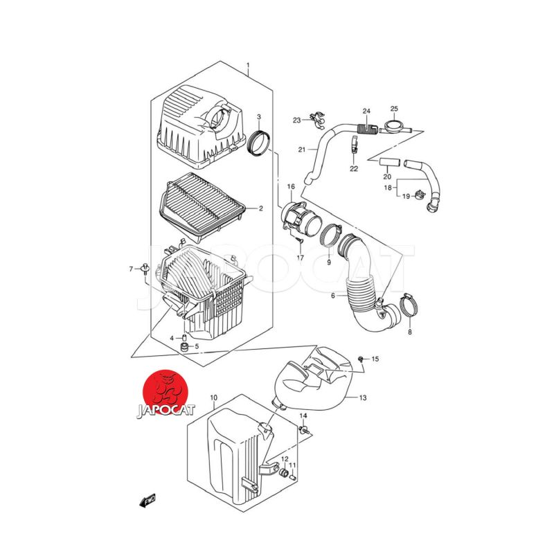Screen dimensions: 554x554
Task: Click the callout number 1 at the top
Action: pyautogui.click(x=248, y=65)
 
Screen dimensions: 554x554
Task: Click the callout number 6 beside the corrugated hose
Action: pyautogui.click(x=333, y=296)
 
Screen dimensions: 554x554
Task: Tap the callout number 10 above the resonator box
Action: pyautogui.click(x=214, y=397)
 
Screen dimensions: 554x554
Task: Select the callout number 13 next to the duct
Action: pyautogui.click(x=363, y=397)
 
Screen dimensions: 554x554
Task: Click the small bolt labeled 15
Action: pyautogui.click(x=361, y=359)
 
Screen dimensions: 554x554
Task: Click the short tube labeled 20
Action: pyautogui.click(x=390, y=163)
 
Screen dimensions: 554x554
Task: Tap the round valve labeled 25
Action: pyautogui.click(x=394, y=127)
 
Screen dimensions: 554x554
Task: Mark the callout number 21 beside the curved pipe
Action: pyautogui.click(x=302, y=150)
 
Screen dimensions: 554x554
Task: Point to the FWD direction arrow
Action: pyautogui.click(x=148, y=501)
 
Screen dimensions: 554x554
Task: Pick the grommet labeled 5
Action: pyautogui.click(x=184, y=347)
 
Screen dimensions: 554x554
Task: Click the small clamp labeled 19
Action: pyautogui.click(x=420, y=194)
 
